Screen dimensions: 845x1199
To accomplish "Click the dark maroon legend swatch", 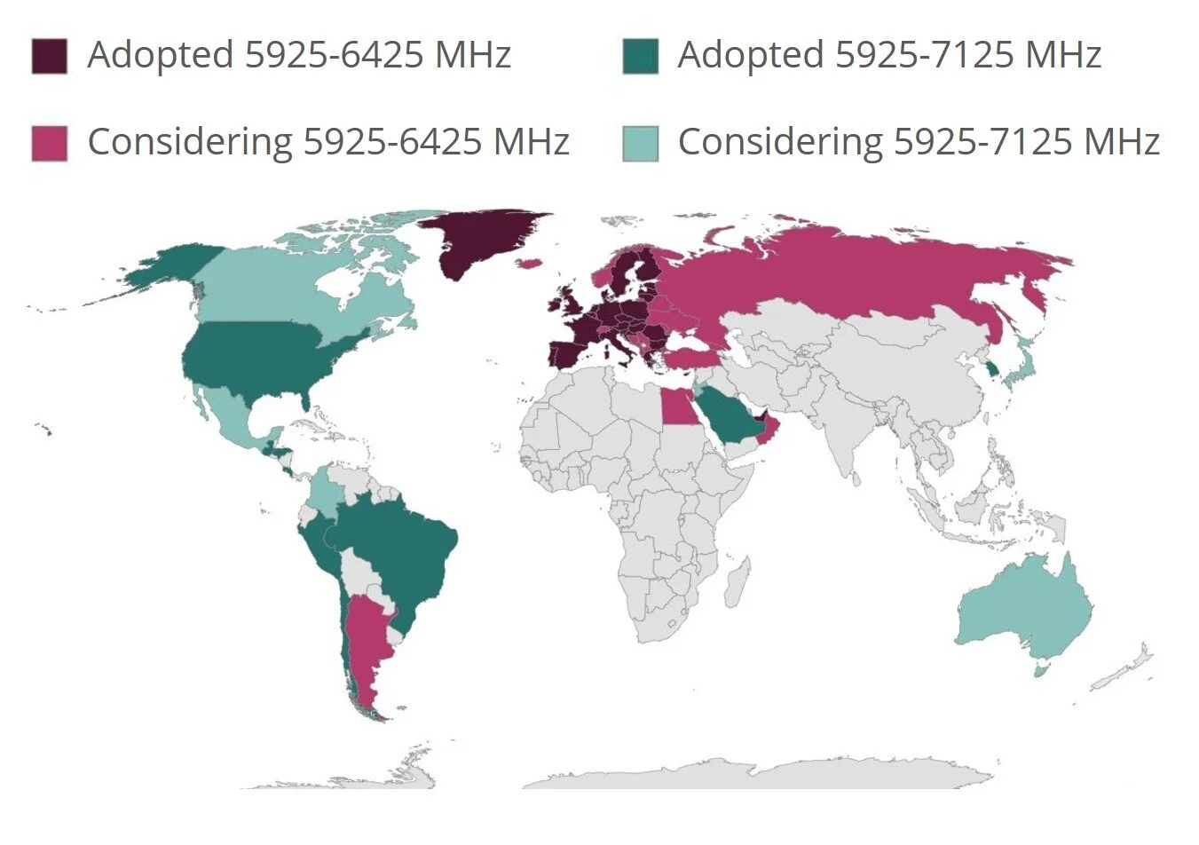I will (x=49, y=56).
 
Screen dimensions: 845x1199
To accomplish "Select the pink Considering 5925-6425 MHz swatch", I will (x=49, y=144).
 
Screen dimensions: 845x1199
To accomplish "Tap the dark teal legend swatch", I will (x=640, y=56).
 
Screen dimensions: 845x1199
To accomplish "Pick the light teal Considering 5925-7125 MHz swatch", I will (x=640, y=144).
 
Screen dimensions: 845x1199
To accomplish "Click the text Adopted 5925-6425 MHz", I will (x=299, y=55).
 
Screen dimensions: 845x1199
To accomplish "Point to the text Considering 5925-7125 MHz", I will (x=919, y=142).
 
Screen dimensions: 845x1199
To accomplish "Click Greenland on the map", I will (x=479, y=240).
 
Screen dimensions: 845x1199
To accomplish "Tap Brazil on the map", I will (x=399, y=550).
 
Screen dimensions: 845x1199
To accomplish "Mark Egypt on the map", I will (x=678, y=409).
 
